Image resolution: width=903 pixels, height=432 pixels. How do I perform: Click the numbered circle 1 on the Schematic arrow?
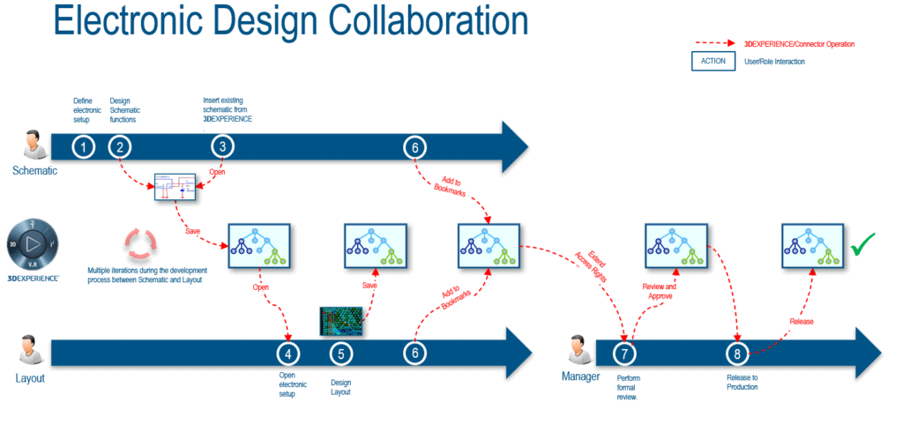(83, 147)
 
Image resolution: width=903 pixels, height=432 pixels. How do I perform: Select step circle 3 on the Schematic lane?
(223, 147)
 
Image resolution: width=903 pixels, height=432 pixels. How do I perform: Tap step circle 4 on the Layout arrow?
(288, 353)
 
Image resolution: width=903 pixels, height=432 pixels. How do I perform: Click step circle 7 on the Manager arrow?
(625, 353)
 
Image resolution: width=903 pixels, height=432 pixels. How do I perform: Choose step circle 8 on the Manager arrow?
(737, 353)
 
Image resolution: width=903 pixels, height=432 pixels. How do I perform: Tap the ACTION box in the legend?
(713, 61)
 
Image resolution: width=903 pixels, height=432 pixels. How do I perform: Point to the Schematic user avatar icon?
(34, 145)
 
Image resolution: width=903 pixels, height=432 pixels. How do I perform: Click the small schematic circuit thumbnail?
(175, 188)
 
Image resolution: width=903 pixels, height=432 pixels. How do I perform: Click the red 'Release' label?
(801, 321)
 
